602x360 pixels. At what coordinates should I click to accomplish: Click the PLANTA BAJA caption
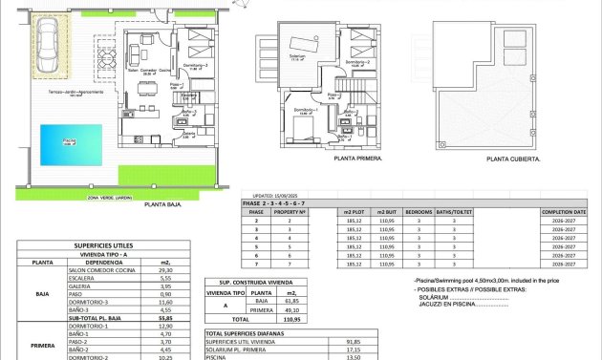tap(163, 204)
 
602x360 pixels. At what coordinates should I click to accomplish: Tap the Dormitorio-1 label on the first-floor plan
tap(305, 110)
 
